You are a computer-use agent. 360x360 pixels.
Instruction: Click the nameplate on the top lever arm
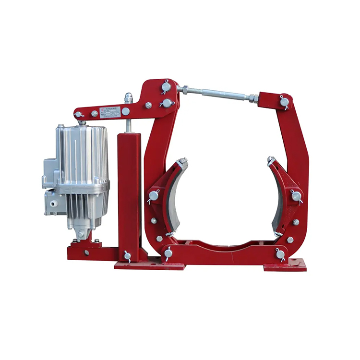click(110, 112)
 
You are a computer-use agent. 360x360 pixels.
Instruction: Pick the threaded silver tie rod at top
click(216, 93)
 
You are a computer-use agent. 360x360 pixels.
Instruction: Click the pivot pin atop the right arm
click(284, 102)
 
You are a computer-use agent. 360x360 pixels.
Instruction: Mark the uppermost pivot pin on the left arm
click(166, 87)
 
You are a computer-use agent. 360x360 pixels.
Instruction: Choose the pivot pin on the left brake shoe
click(154, 195)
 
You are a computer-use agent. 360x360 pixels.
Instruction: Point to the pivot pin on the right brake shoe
click(296, 195)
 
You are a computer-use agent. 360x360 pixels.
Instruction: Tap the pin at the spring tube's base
click(128, 255)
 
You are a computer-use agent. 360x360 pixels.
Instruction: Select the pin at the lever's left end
click(79, 115)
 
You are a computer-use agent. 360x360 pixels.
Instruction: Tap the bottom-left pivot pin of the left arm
click(168, 253)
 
